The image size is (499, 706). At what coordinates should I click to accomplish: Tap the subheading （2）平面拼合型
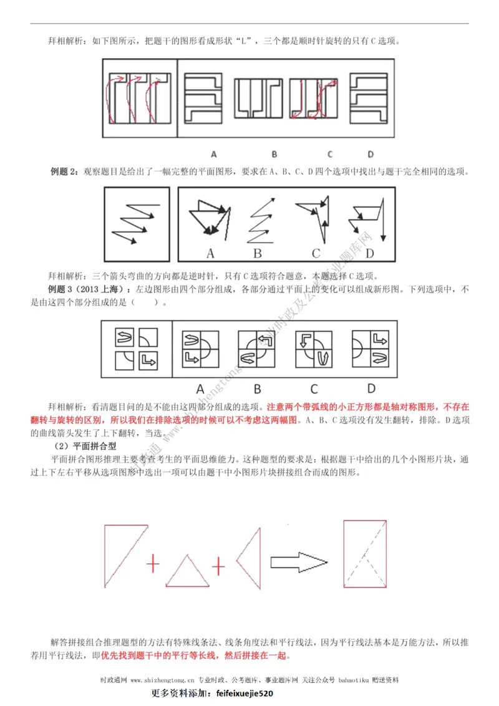[x=92, y=446]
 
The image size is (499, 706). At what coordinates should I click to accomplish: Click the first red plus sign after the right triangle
[x=152, y=564]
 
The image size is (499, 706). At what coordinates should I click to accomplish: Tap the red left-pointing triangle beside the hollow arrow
[x=251, y=561]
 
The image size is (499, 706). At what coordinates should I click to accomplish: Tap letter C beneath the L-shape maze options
[x=329, y=154]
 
